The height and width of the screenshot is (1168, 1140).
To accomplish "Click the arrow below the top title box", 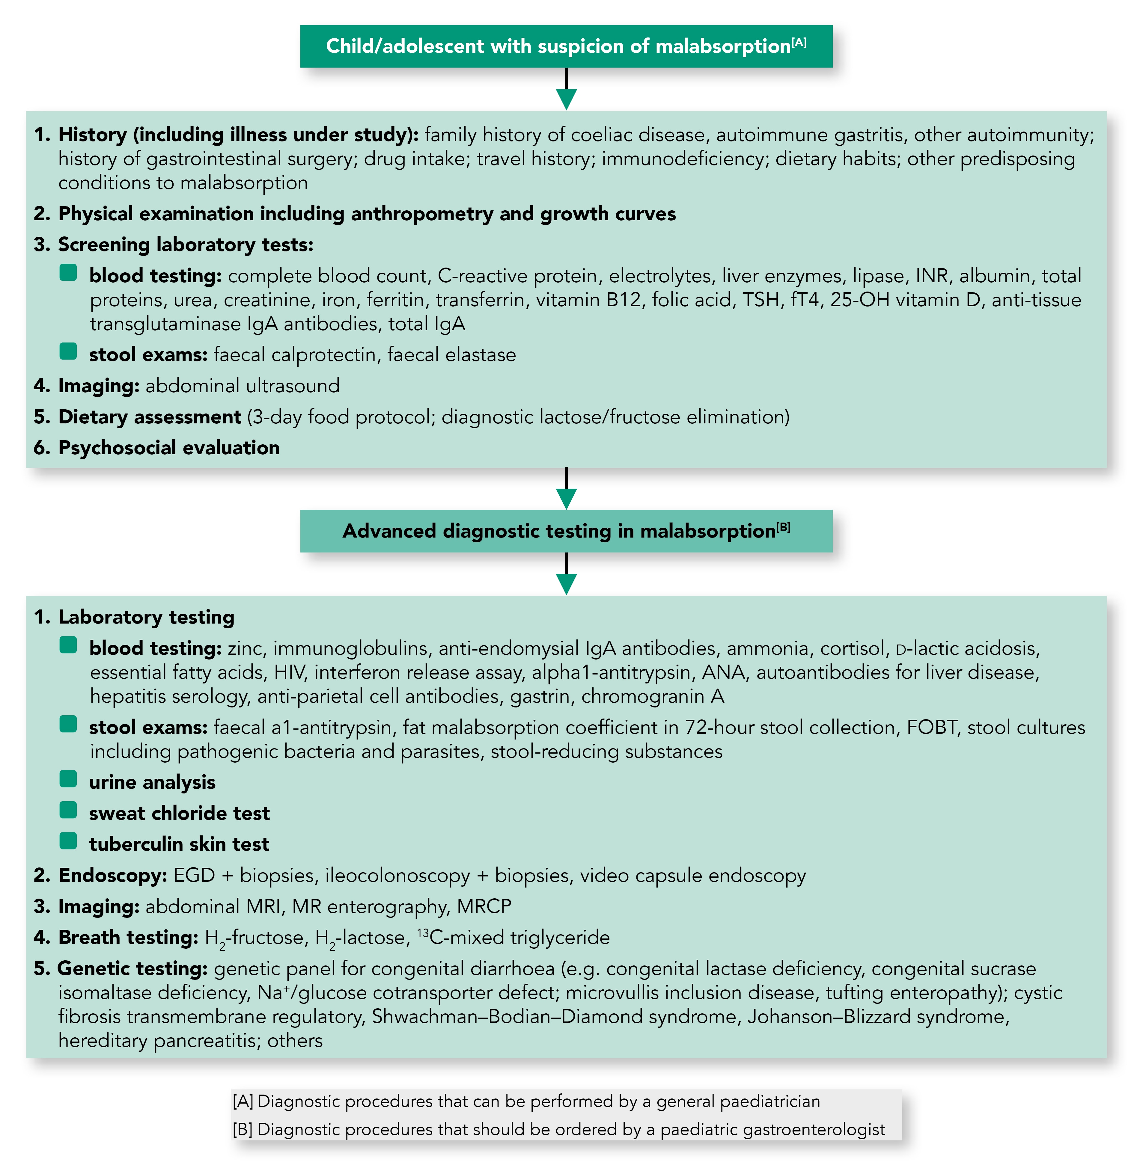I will click(x=566, y=90).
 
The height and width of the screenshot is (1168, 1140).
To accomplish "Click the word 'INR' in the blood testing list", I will click(x=932, y=276).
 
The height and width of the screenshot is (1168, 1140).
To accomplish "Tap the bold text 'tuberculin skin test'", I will click(x=179, y=844).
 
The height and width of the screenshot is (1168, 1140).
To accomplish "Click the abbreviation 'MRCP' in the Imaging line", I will click(x=484, y=906).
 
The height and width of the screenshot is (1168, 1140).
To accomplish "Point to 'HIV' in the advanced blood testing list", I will click(x=289, y=672).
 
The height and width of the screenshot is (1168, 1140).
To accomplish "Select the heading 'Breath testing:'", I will click(x=127, y=937).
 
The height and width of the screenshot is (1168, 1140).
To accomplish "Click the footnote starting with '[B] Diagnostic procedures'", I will click(x=558, y=1129).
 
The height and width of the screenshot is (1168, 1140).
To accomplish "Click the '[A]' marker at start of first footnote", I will click(x=243, y=1101).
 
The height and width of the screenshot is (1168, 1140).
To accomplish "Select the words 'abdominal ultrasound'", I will click(x=242, y=385).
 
